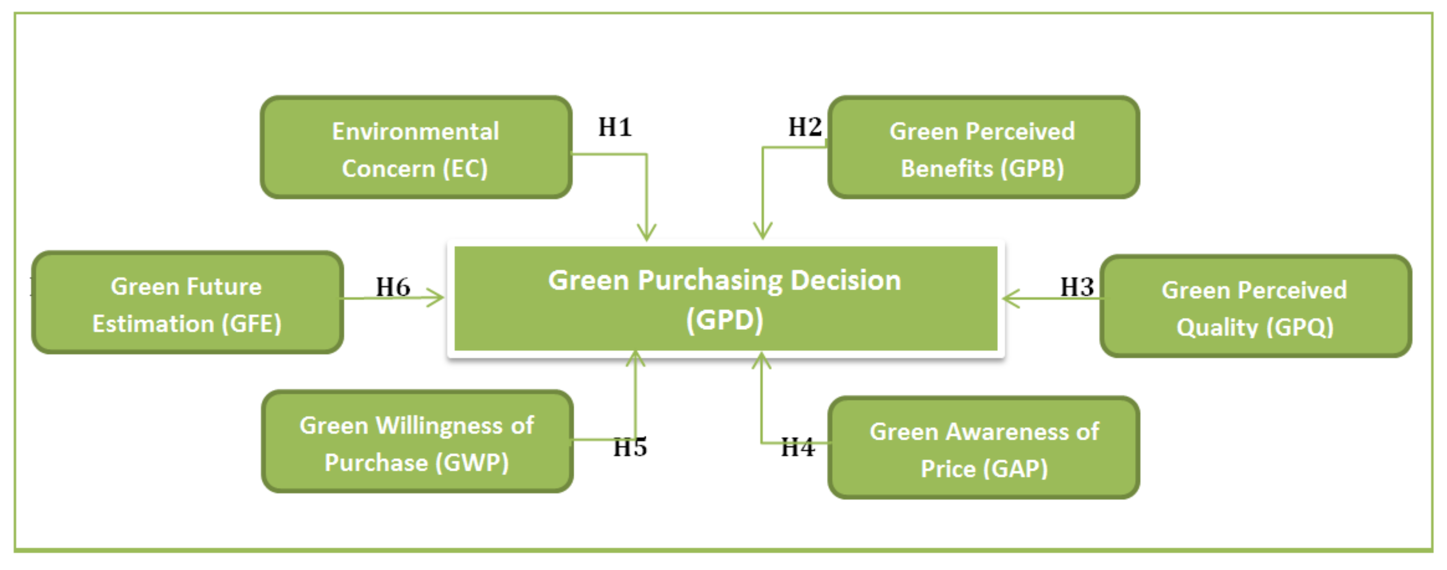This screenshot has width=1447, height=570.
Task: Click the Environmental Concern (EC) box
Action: pyautogui.click(x=416, y=147)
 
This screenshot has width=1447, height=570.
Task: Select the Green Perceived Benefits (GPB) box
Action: pyautogui.click(x=983, y=147)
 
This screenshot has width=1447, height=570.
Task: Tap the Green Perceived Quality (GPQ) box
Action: pyautogui.click(x=1255, y=306)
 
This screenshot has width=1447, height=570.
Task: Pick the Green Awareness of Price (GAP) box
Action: pyautogui.click(x=983, y=448)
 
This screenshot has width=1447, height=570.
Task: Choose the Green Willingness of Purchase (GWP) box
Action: pyautogui.click(x=417, y=442)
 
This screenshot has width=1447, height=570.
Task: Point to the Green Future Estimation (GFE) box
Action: pyautogui.click(x=187, y=303)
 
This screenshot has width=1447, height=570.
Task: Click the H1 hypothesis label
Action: pyautogui.click(x=615, y=127)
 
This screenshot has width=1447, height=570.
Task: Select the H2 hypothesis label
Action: pyautogui.click(x=804, y=127)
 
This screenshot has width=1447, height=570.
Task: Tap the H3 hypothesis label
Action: pyautogui.click(x=1076, y=287)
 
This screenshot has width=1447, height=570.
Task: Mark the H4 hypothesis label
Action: pyautogui.click(x=797, y=447)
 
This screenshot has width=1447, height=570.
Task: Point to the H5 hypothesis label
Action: pyautogui.click(x=630, y=447)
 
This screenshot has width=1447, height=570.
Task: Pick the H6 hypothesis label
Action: pyautogui.click(x=393, y=287)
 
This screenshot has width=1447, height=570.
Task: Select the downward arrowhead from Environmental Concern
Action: pyautogui.click(x=647, y=232)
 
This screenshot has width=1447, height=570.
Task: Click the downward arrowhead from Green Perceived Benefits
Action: pyautogui.click(x=762, y=230)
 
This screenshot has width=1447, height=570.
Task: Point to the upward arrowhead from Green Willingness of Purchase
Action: pyautogui.click(x=635, y=359)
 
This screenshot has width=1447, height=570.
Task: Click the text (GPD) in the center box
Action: pyautogui.click(x=725, y=321)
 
